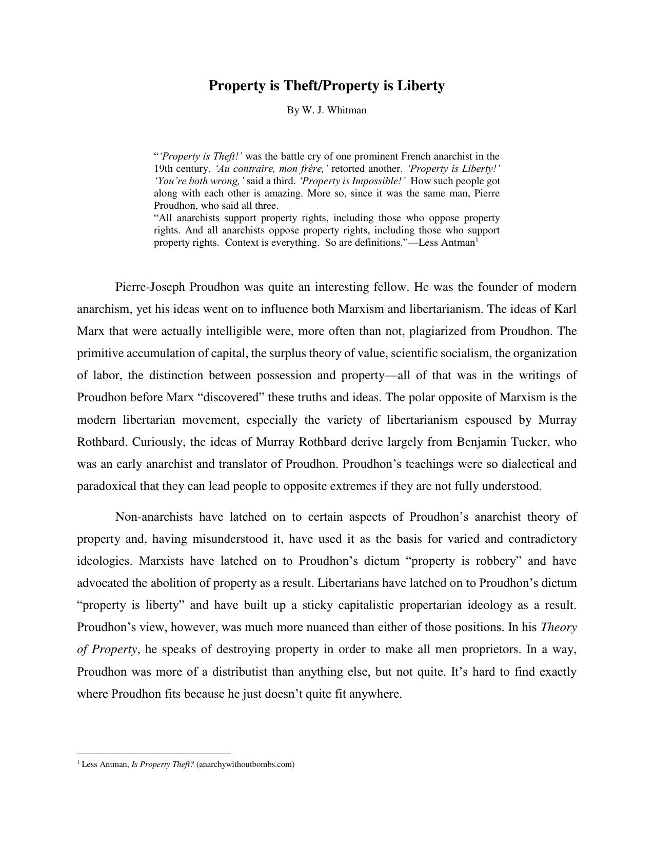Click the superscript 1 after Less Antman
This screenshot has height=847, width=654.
(477, 240)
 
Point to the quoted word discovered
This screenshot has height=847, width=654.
(236, 398)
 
